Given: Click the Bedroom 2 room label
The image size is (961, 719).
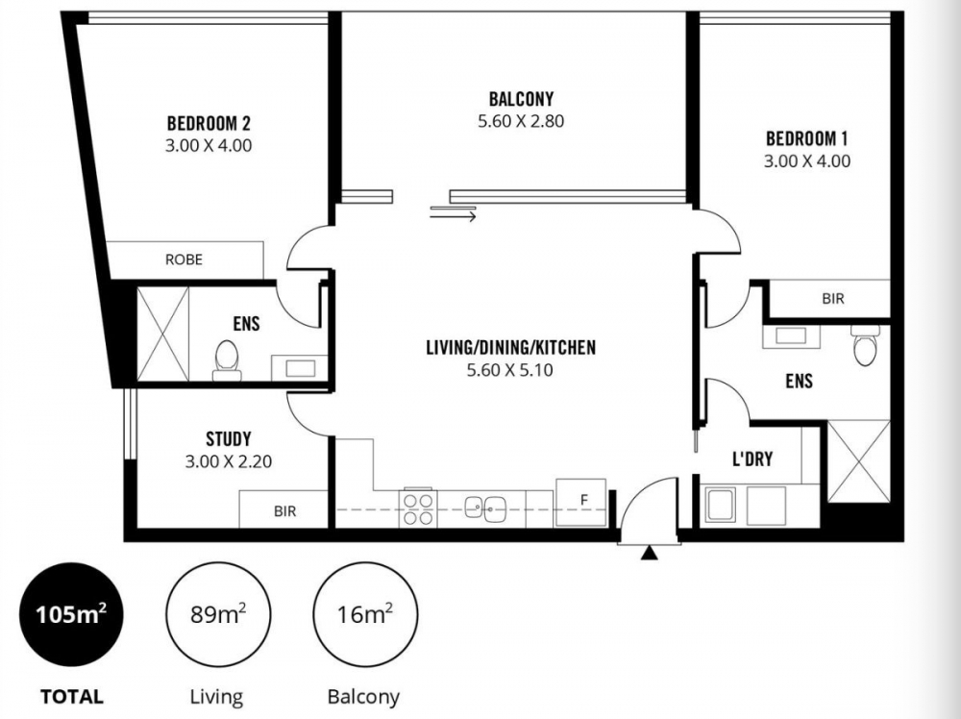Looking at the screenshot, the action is tap(209, 123).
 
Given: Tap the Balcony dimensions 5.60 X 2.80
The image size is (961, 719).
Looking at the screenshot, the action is tap(521, 121).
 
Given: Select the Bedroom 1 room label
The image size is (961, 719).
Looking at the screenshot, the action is tap(806, 138).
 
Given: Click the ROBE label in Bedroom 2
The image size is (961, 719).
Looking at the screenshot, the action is tap(184, 260).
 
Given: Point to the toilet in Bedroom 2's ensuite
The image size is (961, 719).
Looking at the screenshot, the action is tap(226, 360).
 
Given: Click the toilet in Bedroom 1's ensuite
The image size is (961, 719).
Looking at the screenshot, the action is tap(865, 344).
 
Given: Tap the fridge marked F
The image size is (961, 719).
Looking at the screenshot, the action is tap(581, 502).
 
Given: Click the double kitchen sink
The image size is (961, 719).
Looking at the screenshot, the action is tap(484, 508).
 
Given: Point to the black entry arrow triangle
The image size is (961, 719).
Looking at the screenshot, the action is tap(649, 554).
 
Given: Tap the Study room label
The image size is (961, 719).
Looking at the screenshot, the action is tap(229, 439).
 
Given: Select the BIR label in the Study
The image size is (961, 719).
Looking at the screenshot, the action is tap(285, 510).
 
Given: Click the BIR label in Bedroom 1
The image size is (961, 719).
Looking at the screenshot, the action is tap(833, 299).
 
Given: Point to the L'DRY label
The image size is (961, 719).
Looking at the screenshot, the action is tap(752, 459).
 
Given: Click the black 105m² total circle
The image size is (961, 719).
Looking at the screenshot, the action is tap(72, 614).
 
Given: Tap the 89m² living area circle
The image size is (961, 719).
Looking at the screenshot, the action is tap(218, 614).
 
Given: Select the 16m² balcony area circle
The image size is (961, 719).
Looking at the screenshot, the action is tap(365, 614).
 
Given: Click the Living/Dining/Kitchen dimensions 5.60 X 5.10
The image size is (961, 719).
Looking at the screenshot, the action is tap(510, 370).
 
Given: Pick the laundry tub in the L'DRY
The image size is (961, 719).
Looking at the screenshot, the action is tap(721, 505).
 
